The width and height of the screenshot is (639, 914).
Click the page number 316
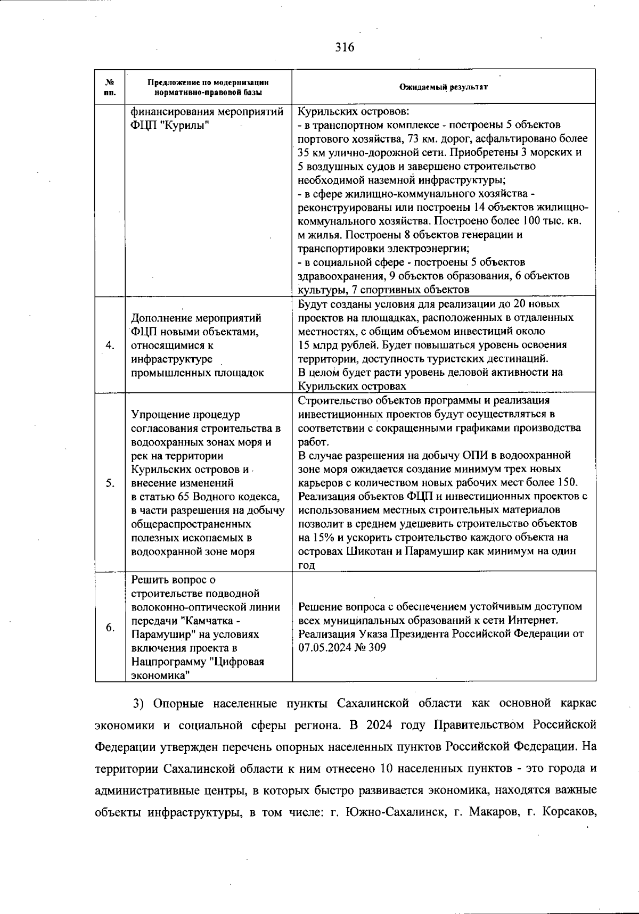pos(345,47)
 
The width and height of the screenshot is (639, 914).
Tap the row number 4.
pos(110,345)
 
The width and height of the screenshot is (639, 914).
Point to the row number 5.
pos(110,483)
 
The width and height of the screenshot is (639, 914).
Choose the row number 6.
pos(110,627)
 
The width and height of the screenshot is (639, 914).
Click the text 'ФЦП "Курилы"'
pos(169,126)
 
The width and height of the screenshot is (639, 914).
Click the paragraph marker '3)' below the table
pos(139,704)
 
